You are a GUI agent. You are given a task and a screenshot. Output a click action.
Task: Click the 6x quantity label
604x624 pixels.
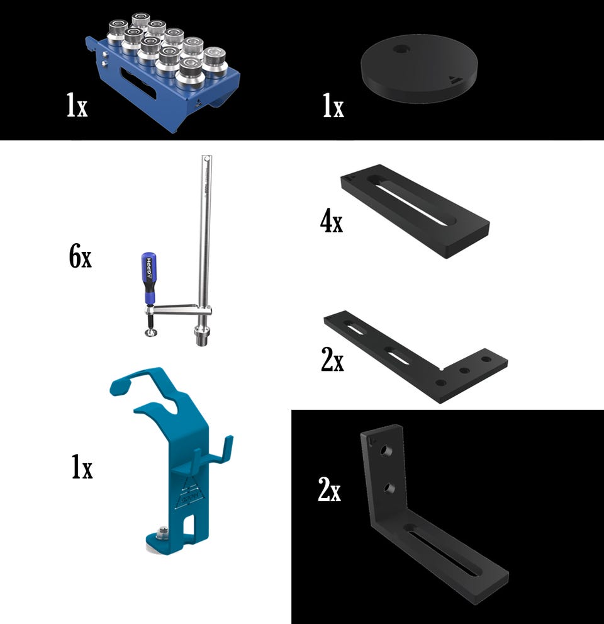[80, 257]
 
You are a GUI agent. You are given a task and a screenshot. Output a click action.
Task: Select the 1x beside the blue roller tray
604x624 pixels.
[77, 105]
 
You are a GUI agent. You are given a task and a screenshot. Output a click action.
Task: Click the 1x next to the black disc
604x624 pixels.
[333, 106]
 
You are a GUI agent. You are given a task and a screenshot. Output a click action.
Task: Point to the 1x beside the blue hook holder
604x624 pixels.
[82, 467]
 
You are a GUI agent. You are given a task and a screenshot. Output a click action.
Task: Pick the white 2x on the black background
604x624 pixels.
[329, 489]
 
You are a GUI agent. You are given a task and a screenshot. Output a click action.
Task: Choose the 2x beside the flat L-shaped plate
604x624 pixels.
[332, 360]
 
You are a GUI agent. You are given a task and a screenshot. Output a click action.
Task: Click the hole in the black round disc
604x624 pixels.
[401, 50]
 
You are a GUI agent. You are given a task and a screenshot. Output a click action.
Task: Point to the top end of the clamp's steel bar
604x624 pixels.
[207, 158]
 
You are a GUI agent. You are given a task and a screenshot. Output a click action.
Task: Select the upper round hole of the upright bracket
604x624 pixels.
[385, 450]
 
